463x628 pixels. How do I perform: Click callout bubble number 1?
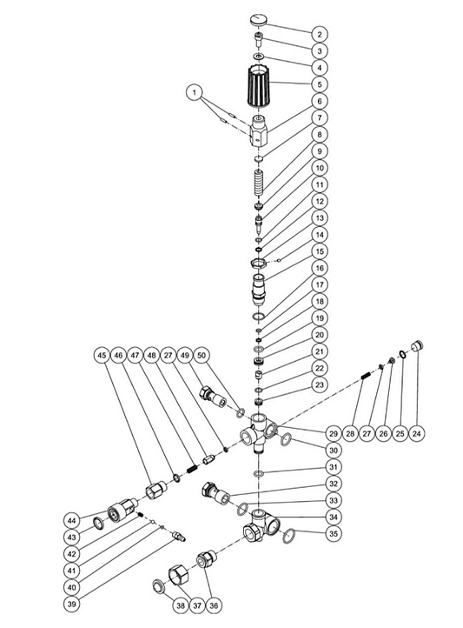[x=195, y=93]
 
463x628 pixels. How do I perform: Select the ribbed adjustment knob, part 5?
[x=258, y=85]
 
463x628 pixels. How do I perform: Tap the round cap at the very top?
[x=259, y=20]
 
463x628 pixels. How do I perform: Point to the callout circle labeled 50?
[x=202, y=355]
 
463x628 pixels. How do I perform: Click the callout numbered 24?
[x=417, y=433]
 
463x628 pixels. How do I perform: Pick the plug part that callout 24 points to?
[x=418, y=344]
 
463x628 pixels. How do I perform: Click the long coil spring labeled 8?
[x=259, y=182]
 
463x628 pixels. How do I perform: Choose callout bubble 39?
[x=71, y=604]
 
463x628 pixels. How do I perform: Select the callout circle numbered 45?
[x=102, y=355]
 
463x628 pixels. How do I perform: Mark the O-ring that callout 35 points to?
[x=288, y=536]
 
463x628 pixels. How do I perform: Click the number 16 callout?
[x=320, y=268]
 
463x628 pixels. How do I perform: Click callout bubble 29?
[x=334, y=433]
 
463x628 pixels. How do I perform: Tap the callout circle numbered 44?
[x=71, y=520]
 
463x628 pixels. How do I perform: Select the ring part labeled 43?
[x=98, y=523]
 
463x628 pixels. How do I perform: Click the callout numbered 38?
[x=181, y=605]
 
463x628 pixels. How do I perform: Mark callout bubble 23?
[x=320, y=385]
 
